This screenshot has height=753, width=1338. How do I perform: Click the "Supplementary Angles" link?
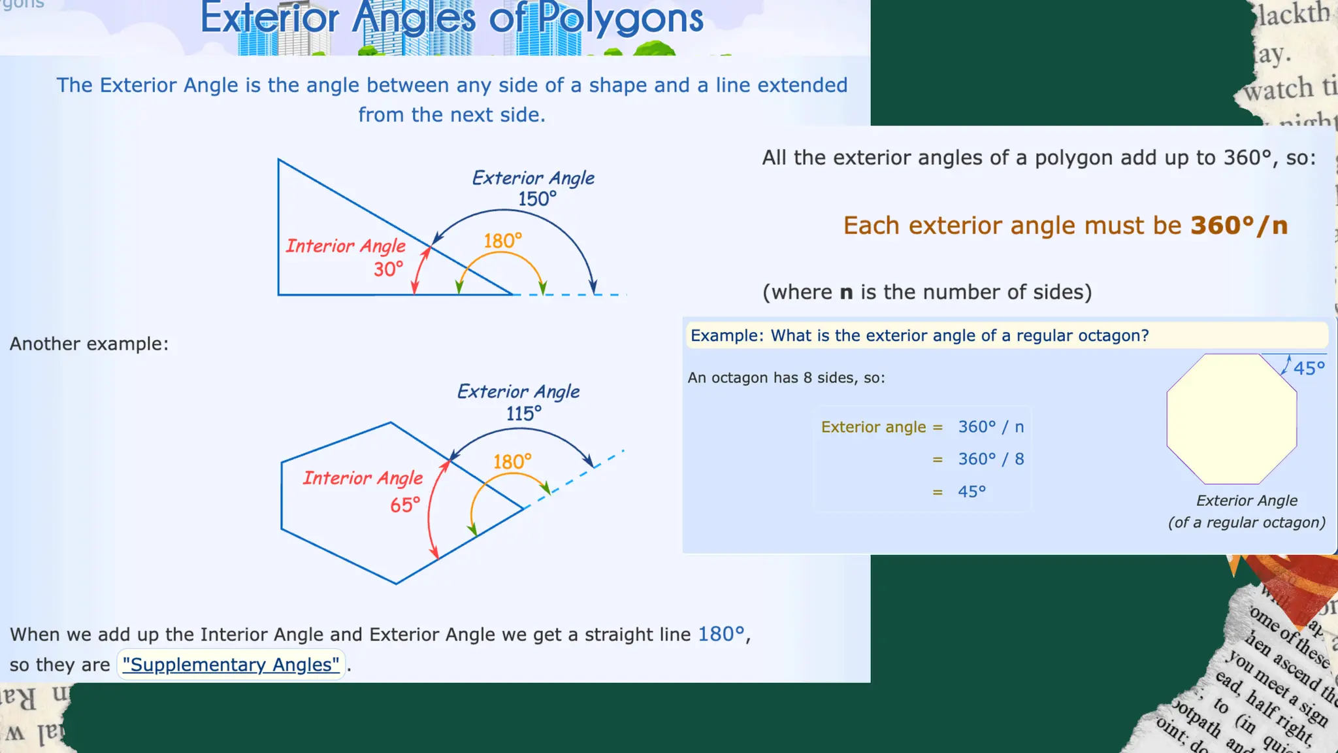click(231, 664)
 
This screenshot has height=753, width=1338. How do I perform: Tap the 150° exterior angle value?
click(537, 199)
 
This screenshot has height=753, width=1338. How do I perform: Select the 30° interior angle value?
click(388, 269)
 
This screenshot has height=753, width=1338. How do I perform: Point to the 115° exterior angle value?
click(523, 414)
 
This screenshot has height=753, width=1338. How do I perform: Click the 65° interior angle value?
click(405, 505)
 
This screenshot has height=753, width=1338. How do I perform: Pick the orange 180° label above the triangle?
click(502, 241)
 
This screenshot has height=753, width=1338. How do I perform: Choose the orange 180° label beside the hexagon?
click(512, 462)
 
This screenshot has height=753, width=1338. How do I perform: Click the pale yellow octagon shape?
click(1232, 418)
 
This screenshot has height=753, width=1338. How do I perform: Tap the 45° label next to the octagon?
click(1309, 368)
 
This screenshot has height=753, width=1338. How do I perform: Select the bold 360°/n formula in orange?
click(1239, 226)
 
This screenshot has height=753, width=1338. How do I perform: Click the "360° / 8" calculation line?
click(990, 459)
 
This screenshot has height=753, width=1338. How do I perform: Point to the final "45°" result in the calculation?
click(971, 492)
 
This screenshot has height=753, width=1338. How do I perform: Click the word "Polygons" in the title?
click(621, 18)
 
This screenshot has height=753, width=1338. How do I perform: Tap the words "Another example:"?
click(89, 344)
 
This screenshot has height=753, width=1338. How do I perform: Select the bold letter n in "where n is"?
click(846, 292)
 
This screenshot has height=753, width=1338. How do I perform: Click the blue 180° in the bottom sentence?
click(721, 634)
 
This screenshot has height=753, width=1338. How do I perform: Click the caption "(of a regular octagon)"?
click(1247, 522)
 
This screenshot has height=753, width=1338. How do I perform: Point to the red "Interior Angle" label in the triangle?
click(346, 246)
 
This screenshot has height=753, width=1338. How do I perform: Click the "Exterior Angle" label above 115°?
click(518, 392)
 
